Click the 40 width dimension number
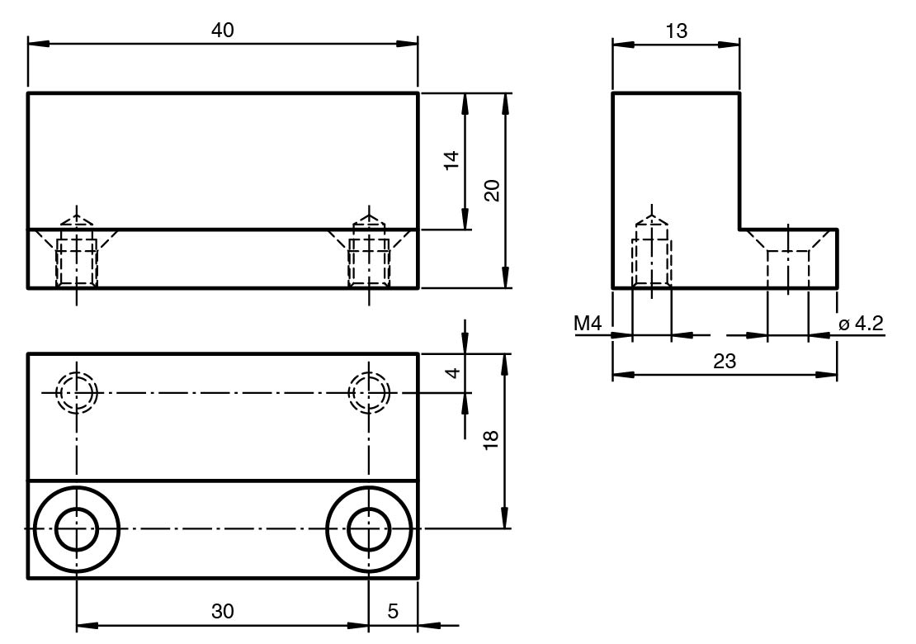pos(223,30)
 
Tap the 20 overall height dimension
pos(492,192)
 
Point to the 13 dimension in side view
pos(676,31)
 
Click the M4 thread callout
pos(588,324)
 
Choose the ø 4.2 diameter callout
pos(861,324)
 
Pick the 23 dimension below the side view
pos(725,361)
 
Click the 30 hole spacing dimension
pos(223,611)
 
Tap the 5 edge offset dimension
pos(393,611)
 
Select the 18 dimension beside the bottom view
pos(492,439)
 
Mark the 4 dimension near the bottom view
pos(451,373)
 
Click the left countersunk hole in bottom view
pos(77,528)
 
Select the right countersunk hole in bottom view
pos(369,528)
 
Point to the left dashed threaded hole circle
pos(77,392)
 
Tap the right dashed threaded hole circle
pos(369,392)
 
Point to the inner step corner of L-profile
pos(739,230)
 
